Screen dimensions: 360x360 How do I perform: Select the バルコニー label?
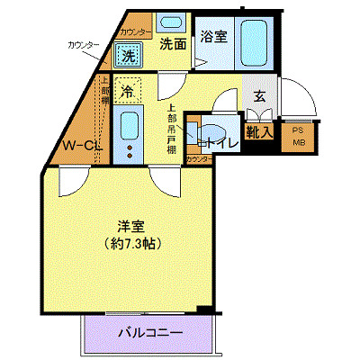151,334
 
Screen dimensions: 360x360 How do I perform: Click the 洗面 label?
173,42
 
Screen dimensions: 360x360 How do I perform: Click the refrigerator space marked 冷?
128,90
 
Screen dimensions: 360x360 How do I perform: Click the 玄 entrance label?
258,96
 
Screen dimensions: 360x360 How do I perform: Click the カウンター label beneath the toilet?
199,159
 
